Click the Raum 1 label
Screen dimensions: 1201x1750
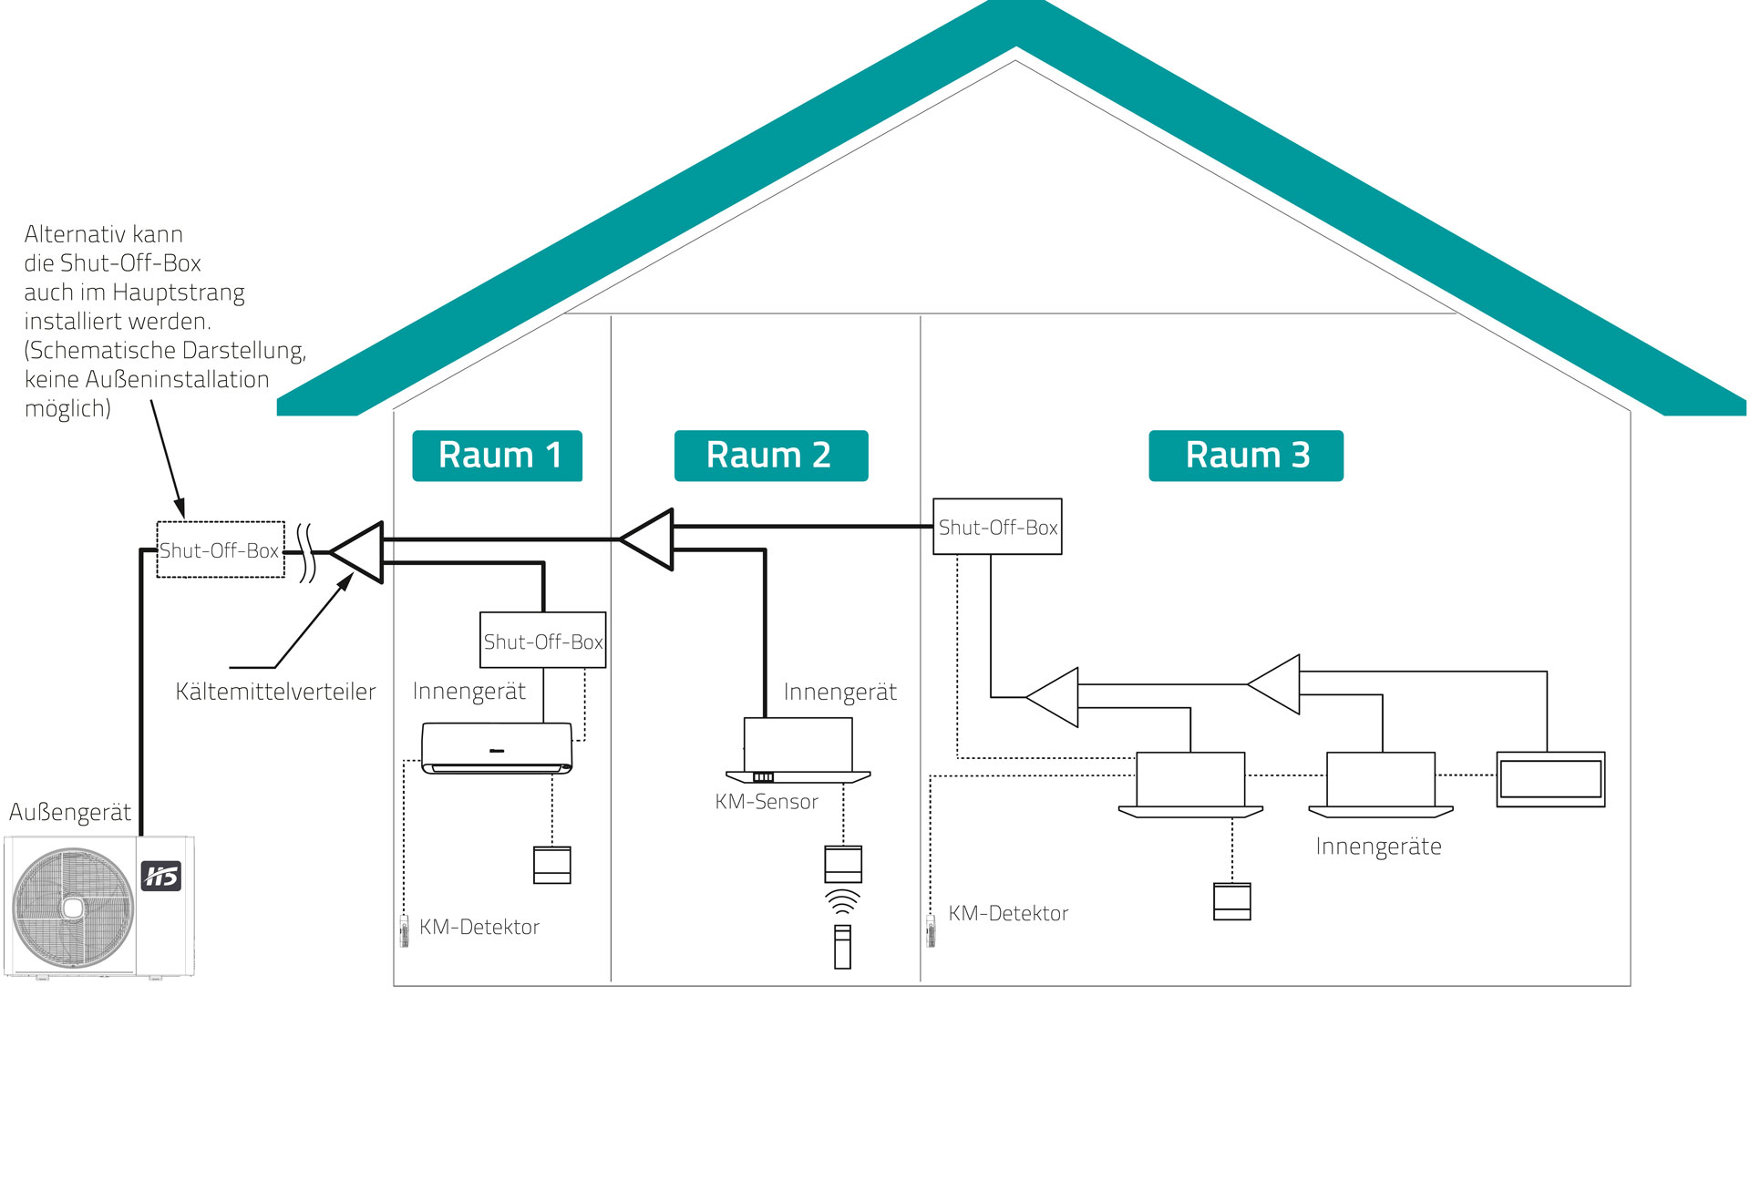point(498,456)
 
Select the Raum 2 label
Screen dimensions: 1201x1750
point(770,456)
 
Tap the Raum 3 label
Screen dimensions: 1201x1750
point(1246,456)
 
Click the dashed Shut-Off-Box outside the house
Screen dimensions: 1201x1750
point(221,549)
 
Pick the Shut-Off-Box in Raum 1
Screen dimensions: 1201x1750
point(543,641)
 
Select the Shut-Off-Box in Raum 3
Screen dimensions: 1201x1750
point(997,527)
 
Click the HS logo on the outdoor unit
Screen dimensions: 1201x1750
point(161,876)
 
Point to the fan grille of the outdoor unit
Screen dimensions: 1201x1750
point(73,908)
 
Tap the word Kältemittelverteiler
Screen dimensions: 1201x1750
point(275,692)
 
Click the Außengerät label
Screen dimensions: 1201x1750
point(70,812)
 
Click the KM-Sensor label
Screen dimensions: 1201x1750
point(767,802)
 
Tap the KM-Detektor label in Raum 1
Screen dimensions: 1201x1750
point(479,927)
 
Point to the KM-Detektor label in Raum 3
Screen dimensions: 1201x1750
point(1008,913)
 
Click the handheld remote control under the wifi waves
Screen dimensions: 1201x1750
point(842,947)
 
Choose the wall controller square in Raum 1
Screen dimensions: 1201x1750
point(551,865)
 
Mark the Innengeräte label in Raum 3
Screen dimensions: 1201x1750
point(1378,847)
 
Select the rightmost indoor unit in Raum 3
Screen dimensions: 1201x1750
point(1550,779)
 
